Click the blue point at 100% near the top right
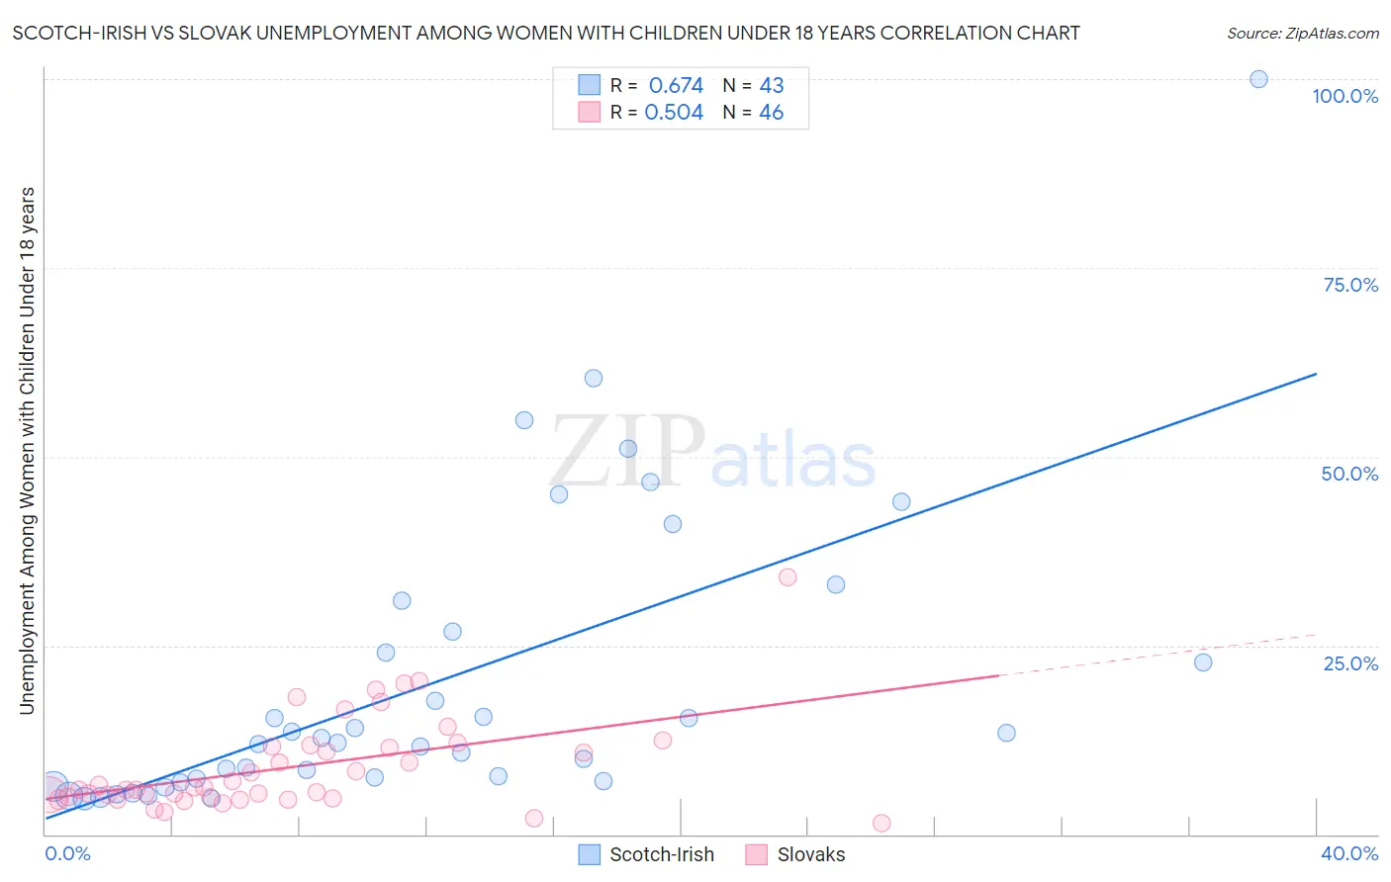(1258, 79)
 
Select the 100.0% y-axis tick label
(1345, 96)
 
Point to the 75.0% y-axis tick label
(1350, 285)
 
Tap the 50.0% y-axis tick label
(1349, 474)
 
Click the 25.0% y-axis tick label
(1350, 663)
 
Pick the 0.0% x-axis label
(67, 853)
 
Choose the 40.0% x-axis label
(1348, 853)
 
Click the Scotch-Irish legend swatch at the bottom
(590, 854)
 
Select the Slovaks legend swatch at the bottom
(757, 854)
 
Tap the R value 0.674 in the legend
(676, 85)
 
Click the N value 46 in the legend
(771, 113)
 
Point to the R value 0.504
(674, 113)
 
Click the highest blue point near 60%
(594, 378)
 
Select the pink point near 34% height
(788, 577)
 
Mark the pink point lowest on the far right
(881, 824)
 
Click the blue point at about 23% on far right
(1203, 662)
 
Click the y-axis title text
(27, 450)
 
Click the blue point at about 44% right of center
(901, 502)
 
